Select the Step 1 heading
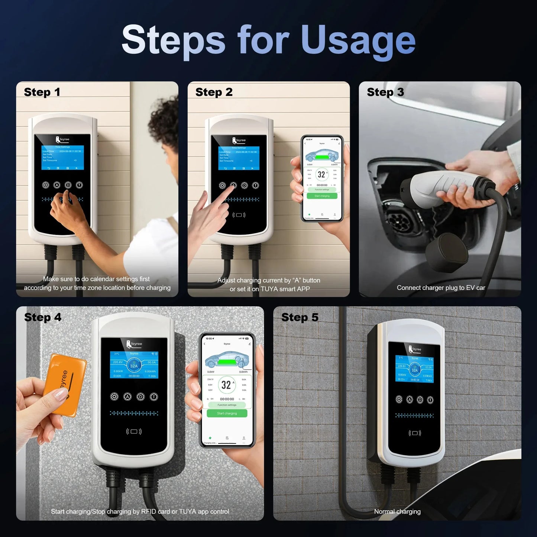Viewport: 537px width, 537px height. (x=42, y=92)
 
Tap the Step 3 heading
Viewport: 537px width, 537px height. (x=385, y=92)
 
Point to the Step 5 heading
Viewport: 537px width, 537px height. (x=300, y=317)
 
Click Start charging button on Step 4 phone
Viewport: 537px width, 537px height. (x=227, y=413)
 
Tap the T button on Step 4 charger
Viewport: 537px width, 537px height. (x=153, y=397)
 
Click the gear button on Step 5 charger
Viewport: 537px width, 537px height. (x=399, y=399)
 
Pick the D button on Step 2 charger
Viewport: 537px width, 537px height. (x=245, y=185)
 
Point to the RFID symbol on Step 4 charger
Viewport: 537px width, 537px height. (x=134, y=431)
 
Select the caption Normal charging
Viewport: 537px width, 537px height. (x=397, y=512)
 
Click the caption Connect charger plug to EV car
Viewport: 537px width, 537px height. (x=441, y=288)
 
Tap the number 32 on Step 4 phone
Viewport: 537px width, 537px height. (x=226, y=385)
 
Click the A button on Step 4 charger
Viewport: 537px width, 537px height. (x=127, y=397)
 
